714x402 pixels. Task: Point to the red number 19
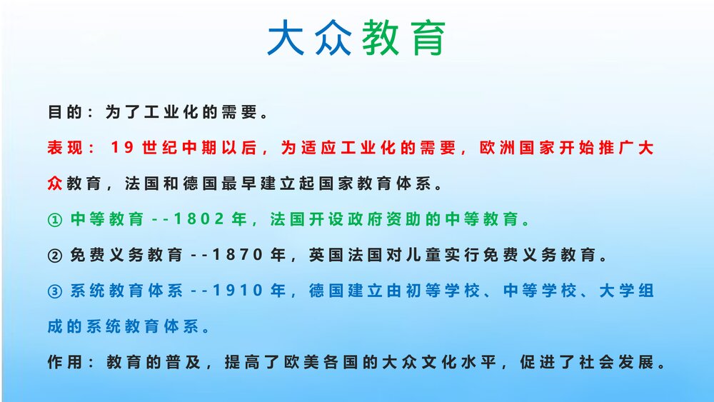click(123, 149)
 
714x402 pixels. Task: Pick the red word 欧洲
click(496, 149)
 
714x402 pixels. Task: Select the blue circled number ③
click(55, 291)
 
